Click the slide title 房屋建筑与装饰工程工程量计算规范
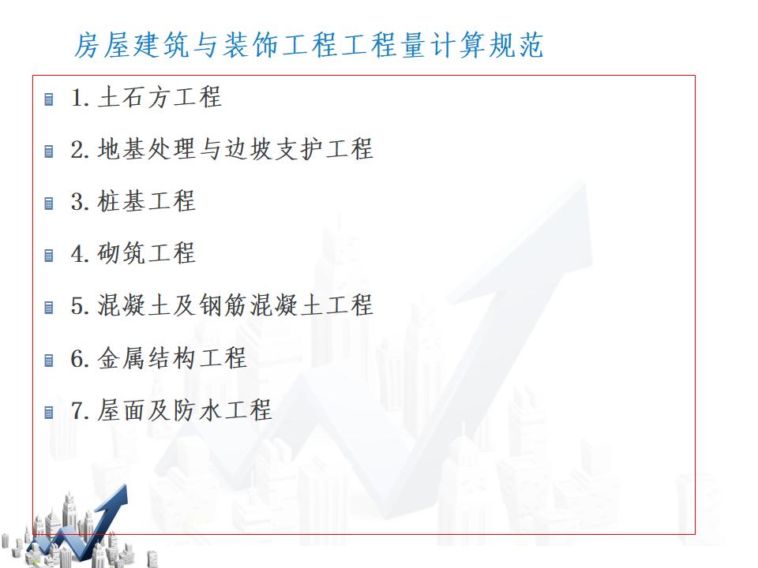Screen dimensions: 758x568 (x=309, y=45)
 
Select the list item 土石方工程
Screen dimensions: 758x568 (x=160, y=97)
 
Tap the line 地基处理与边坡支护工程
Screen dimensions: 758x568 (x=236, y=149)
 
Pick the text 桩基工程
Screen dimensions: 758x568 (x=147, y=201)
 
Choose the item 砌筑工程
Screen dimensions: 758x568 (x=147, y=253)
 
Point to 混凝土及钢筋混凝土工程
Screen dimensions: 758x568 (x=236, y=305)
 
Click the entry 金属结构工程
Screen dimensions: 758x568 (x=173, y=358)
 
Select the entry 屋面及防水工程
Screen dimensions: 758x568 (x=185, y=410)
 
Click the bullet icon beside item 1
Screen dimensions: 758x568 (x=49, y=99)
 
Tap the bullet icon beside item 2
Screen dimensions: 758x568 (x=49, y=151)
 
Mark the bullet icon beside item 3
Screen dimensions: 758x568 (x=49, y=204)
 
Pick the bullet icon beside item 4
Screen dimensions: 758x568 (x=49, y=256)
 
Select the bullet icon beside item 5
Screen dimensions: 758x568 (x=49, y=308)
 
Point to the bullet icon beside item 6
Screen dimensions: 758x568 (x=49, y=361)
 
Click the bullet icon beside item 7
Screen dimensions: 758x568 (x=49, y=413)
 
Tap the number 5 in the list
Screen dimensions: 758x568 (x=78, y=306)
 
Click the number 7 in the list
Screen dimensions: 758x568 (x=78, y=410)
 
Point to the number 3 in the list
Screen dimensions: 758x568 (x=78, y=201)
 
